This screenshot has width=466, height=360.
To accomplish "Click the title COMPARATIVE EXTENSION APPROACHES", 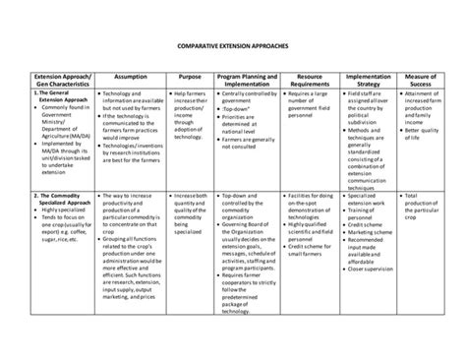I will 233,46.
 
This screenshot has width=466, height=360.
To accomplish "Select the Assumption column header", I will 131,76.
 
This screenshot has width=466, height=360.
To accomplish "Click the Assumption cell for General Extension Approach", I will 131,128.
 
